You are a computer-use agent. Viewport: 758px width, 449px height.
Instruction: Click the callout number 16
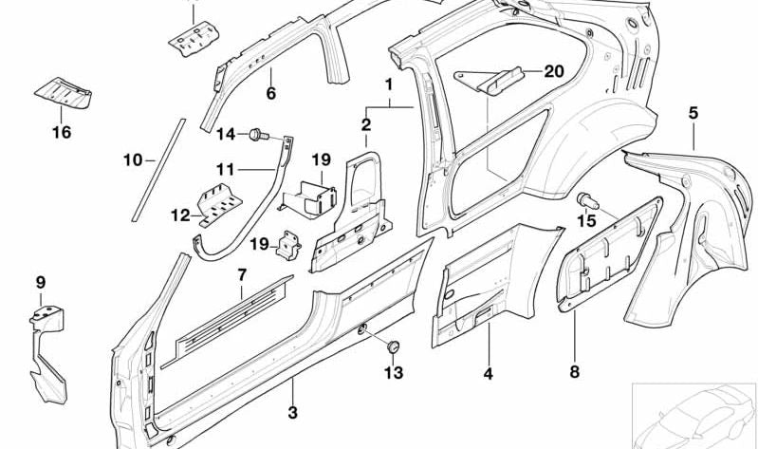[x=61, y=133]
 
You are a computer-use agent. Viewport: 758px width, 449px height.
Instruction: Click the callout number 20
[x=554, y=72]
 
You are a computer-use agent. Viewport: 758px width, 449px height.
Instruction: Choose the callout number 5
[x=693, y=113]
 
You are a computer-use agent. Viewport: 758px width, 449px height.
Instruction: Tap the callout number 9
[x=40, y=282]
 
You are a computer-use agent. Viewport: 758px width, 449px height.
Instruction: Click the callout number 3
[x=293, y=413]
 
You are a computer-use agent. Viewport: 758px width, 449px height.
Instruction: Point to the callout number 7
[x=242, y=275]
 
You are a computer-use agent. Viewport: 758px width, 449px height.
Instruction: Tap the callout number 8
[x=573, y=373]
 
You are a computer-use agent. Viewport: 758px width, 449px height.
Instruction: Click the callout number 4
[x=488, y=374]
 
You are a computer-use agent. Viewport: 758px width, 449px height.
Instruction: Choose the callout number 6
[x=270, y=94]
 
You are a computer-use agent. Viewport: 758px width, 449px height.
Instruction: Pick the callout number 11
[x=224, y=170]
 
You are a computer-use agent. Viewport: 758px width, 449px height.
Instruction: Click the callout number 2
[x=365, y=124]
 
